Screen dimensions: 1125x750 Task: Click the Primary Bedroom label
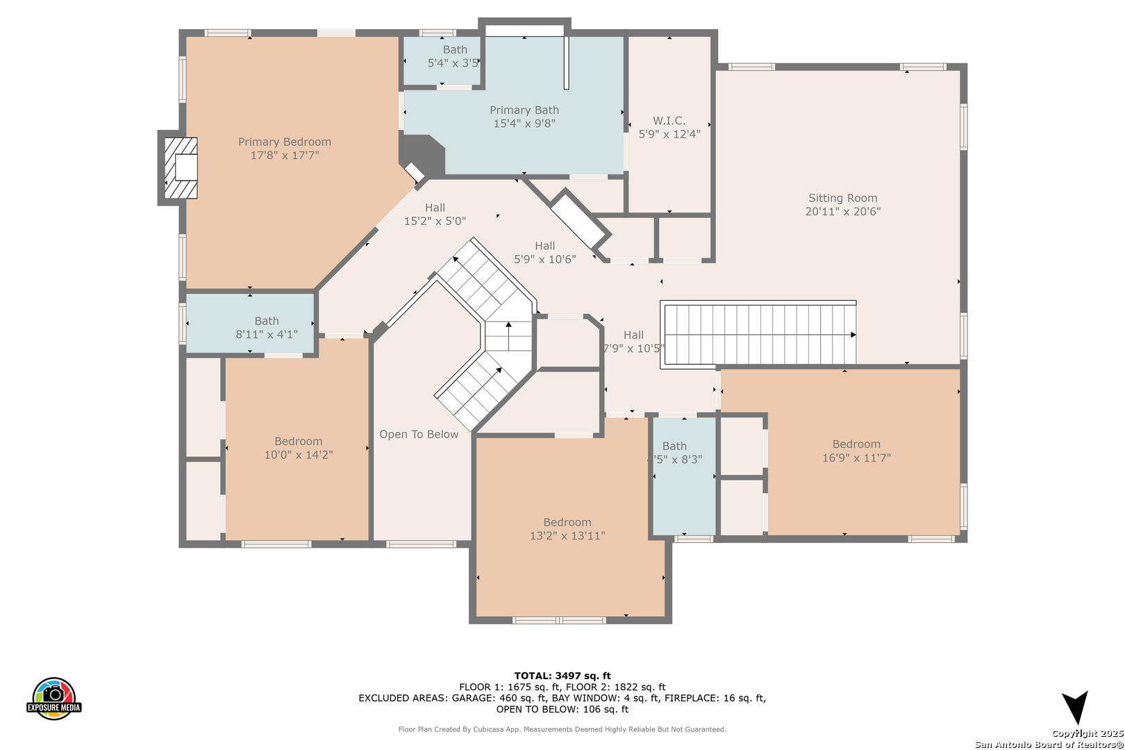pos(285,148)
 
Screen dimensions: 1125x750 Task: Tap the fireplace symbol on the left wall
pos(181,168)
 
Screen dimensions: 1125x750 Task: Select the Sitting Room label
pos(843,204)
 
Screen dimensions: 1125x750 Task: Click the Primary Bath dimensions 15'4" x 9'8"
pos(524,124)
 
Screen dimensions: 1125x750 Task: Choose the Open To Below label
pos(419,434)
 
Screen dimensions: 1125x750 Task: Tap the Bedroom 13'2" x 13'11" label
pos(567,529)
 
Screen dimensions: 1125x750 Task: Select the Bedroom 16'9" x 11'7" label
pos(856,451)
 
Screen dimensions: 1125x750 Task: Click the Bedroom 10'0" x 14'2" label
pos(299,448)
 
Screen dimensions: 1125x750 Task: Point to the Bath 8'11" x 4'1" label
pos(267,327)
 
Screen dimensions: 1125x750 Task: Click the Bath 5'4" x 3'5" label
pos(455,56)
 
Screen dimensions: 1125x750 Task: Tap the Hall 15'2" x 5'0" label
pos(435,214)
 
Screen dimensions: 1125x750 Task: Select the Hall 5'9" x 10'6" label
pos(545,252)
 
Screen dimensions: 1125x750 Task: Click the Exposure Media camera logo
pos(53,698)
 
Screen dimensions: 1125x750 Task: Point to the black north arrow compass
pos(1075,708)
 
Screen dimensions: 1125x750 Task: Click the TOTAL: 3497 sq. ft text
pos(562,676)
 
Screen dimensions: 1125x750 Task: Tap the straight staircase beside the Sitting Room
pos(758,334)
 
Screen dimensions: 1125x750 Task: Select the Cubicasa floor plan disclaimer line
pos(562,729)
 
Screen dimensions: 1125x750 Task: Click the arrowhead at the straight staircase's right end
pos(853,335)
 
